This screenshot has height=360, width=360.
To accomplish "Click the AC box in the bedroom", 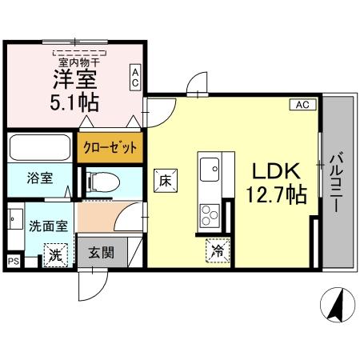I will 135,78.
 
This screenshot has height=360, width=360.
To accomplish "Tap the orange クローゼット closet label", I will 110,148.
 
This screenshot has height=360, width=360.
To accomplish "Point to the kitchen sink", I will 211,168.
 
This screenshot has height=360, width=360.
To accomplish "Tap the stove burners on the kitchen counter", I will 210,214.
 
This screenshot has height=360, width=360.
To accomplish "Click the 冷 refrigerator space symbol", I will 218,250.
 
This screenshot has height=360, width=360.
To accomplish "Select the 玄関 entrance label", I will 101,254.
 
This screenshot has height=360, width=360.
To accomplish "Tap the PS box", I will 12,260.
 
